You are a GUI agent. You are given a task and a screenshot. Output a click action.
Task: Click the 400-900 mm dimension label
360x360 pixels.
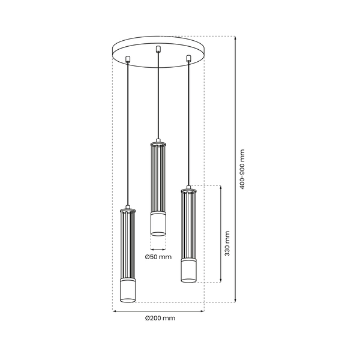(x=242, y=169)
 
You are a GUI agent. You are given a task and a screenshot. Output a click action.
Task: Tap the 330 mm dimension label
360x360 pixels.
(x=227, y=242)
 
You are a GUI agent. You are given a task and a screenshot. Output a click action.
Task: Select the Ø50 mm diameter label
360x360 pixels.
(x=158, y=257)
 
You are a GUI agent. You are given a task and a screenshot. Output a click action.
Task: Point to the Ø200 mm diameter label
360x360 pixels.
(x=160, y=319)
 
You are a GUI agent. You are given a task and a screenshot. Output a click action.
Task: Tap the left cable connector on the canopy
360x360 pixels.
(x=128, y=59)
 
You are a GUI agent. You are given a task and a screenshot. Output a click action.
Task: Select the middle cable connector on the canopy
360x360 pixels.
(x=158, y=49)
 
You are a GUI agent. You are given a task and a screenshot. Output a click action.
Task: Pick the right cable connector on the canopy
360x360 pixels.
(x=188, y=59)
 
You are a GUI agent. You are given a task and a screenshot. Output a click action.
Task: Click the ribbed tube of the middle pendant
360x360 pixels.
(x=158, y=178)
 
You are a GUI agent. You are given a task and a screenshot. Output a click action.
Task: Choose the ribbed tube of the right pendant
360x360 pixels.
(x=188, y=224)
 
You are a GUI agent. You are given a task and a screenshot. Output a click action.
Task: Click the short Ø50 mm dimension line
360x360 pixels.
(x=158, y=248)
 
